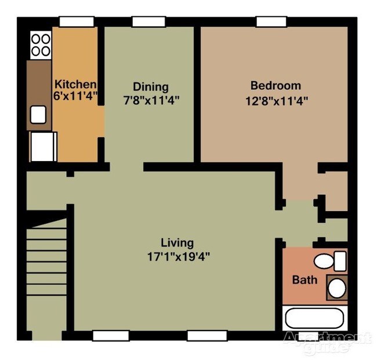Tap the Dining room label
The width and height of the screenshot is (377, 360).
pyautogui.click(x=150, y=87)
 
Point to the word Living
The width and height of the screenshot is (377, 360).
pyautogui.click(x=177, y=243)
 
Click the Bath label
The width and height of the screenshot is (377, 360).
pyautogui.click(x=304, y=280)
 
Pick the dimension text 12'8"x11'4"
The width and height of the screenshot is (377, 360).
pyautogui.click(x=276, y=100)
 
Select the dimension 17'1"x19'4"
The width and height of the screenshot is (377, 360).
pyautogui.click(x=178, y=256)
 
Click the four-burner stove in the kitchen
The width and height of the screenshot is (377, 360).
pyautogui.click(x=40, y=45)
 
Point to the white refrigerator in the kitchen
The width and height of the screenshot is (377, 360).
pyautogui.click(x=42, y=146)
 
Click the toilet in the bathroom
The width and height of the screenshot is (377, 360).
pyautogui.click(x=330, y=261)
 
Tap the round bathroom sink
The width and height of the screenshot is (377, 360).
pyautogui.click(x=335, y=287)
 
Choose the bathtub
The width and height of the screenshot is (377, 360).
pyautogui.click(x=315, y=319)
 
